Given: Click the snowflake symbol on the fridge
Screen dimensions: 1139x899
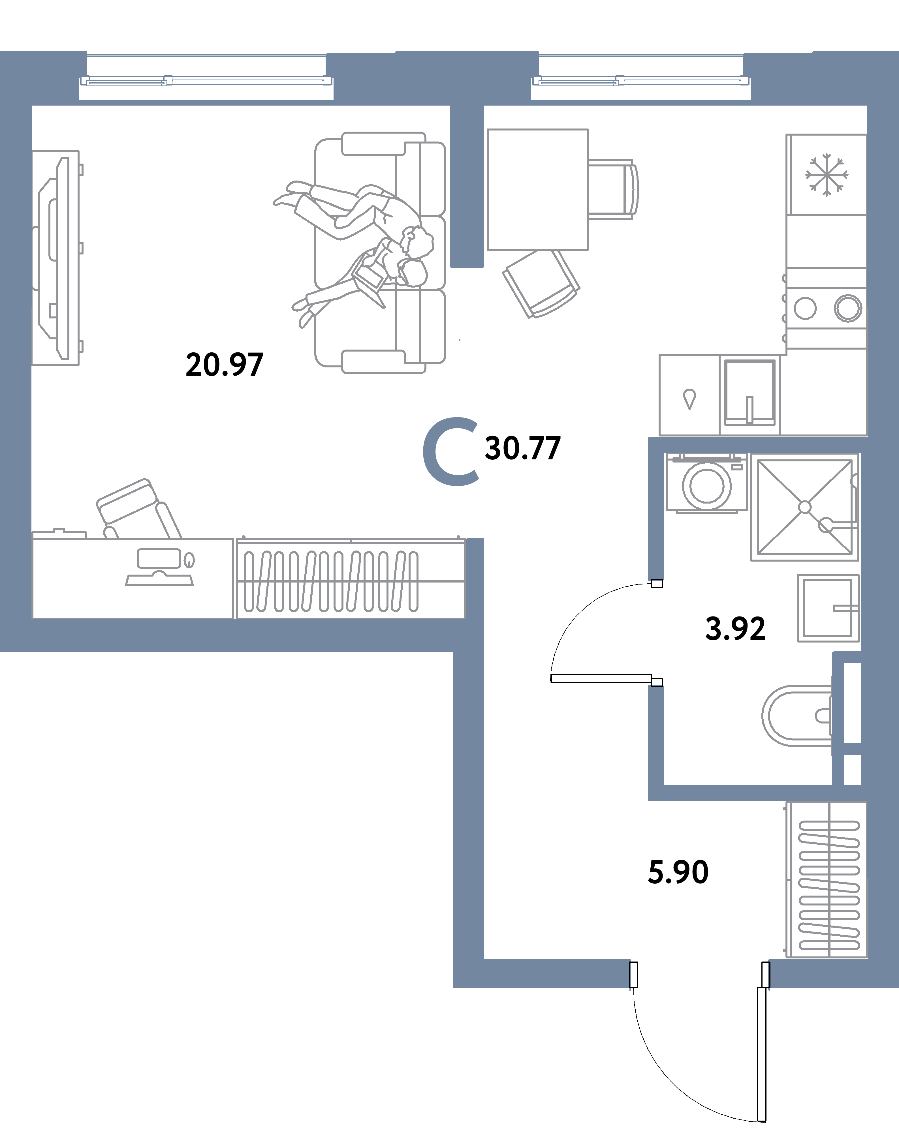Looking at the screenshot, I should (x=826, y=175).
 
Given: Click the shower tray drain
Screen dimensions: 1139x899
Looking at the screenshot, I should (x=805, y=507).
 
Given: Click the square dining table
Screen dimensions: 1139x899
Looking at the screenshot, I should (x=537, y=189).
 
